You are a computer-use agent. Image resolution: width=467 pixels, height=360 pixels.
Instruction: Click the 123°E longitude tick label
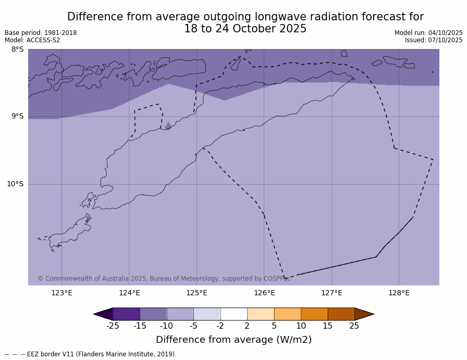tap(62, 293)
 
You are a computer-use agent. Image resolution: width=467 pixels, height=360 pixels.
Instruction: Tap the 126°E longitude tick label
tap(264, 293)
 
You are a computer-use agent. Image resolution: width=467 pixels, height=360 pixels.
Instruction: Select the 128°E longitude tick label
tap(399, 293)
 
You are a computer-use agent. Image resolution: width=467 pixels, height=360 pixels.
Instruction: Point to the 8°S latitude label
tap(17, 50)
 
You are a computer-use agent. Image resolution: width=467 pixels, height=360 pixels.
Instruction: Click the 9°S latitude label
tap(17, 116)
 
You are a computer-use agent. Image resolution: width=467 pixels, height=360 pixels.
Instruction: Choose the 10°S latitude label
tap(15, 184)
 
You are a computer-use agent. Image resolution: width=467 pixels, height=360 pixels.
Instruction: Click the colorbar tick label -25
tap(113, 326)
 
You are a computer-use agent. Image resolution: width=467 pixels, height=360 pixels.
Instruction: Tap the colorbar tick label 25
tap(354, 326)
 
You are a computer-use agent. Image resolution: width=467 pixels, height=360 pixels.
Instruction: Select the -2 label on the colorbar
tap(220, 326)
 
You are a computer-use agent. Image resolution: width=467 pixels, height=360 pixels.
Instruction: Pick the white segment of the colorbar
tap(233, 314)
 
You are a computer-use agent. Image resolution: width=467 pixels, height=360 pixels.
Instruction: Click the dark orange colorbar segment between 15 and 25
tap(341, 314)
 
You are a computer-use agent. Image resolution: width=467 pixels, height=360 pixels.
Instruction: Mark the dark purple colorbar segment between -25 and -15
tap(126, 314)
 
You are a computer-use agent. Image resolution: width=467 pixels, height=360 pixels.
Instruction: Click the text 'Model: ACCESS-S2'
tap(32, 40)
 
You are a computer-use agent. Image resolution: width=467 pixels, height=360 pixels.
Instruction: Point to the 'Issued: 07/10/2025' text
tap(434, 40)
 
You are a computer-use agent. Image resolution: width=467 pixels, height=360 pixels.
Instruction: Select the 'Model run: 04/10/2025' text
tap(428, 33)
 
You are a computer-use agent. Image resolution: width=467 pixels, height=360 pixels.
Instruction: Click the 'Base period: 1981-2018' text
tap(41, 33)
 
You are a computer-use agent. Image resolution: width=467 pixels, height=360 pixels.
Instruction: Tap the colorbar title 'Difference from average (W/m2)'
tap(233, 340)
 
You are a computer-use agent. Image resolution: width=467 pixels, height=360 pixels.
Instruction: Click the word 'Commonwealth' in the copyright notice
tap(65, 279)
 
